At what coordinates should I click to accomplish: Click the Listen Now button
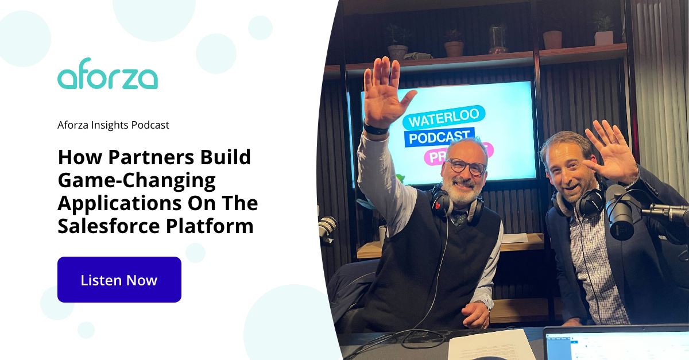coord(119,280)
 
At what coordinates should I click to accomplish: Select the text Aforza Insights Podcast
coord(113,125)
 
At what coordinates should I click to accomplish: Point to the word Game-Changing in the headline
coord(136,181)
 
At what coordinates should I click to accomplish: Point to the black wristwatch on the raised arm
coord(376,129)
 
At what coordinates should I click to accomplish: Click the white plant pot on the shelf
coord(603,37)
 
